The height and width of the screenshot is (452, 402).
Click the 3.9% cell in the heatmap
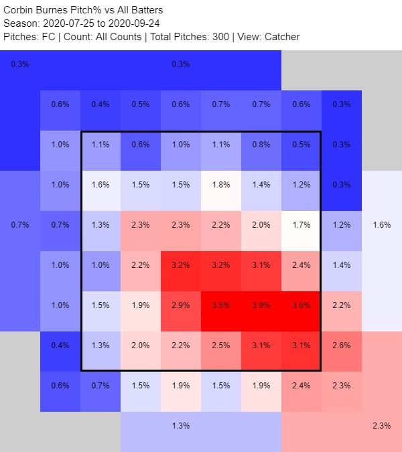pos(261,305)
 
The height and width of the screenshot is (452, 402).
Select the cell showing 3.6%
pos(301,305)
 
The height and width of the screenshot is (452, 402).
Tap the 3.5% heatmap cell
pos(220,305)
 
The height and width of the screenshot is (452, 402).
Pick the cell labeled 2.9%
pos(180,305)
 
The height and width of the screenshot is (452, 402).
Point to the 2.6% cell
pos(341,346)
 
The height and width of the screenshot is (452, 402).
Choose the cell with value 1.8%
pos(220,185)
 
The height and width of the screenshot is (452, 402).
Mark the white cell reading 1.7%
pos(301,225)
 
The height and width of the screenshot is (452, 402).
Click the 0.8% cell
pos(261,145)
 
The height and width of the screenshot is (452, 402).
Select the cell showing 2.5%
pos(220,346)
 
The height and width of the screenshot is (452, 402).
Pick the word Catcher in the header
pos(281,36)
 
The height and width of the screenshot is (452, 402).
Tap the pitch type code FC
pos(48,36)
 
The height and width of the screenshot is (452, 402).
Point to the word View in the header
pos(246,36)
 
